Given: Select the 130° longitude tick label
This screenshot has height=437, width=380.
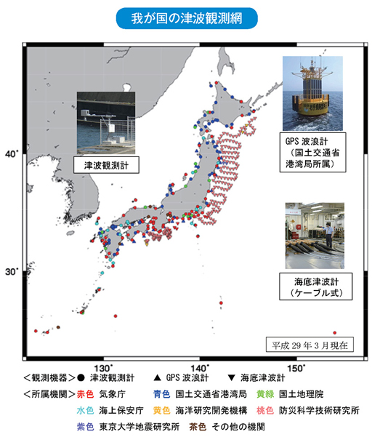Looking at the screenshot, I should tap(105, 367).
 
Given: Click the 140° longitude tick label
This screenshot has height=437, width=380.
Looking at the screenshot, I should tap(206, 367).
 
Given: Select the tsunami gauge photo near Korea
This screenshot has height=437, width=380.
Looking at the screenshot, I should tap(108, 120).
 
